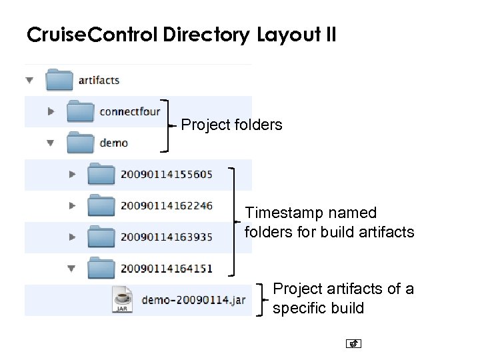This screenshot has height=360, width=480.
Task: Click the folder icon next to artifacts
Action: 59,80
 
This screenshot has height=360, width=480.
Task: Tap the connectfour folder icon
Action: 80,111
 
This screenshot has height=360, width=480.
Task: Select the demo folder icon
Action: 80,142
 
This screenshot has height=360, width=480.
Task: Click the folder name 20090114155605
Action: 167,174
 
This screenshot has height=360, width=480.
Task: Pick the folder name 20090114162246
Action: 167,205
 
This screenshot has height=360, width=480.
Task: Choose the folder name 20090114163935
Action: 167,237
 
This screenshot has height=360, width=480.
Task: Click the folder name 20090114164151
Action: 167,268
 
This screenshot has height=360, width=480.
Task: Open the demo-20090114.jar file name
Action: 193,300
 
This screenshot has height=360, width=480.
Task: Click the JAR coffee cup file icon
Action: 123,300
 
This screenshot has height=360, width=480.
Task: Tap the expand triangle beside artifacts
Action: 29,80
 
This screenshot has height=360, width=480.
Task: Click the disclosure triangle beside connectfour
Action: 51,111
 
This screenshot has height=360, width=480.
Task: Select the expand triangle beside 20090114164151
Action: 72,269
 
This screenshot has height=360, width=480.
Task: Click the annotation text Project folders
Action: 231,125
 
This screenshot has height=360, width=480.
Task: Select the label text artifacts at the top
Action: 99,80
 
